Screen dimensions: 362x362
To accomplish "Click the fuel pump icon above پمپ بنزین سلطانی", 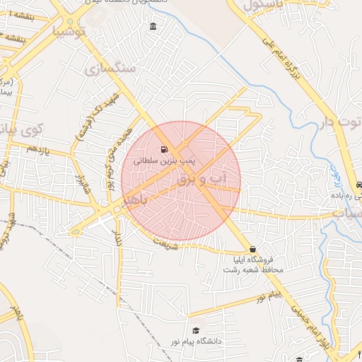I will [164, 150].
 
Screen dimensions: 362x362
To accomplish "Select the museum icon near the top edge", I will [153, 27].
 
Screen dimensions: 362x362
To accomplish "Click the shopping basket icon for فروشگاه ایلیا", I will [252, 249].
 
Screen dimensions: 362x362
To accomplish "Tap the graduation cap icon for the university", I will [195, 330].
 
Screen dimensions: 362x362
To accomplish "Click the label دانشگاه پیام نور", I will [194, 341].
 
